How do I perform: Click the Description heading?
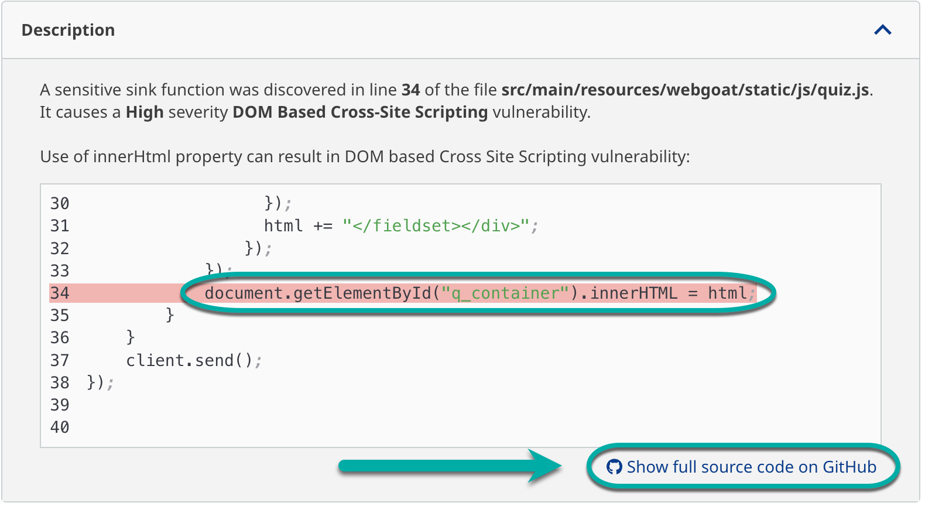point(68,30)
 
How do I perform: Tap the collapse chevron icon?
point(882,30)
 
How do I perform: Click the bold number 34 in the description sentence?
point(410,90)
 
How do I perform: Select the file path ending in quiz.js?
point(685,90)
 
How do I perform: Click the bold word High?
point(145,112)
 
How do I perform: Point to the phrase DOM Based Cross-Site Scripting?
point(360,112)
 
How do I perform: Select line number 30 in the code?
point(60,203)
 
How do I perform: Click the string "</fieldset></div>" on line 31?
point(436,225)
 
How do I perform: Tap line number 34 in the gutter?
point(60,293)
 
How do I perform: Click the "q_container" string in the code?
point(505,293)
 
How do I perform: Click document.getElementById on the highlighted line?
point(317,293)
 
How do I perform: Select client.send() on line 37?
point(189,360)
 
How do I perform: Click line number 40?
point(60,427)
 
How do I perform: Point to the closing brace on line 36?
point(131,337)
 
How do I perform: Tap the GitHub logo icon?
point(614,467)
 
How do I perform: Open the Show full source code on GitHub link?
point(751,467)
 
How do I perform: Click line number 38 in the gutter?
point(60,382)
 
